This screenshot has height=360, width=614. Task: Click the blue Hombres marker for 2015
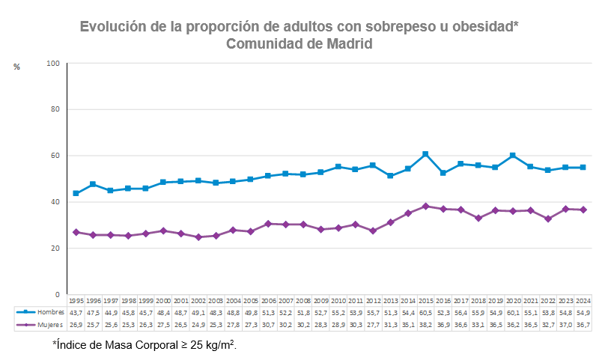(425, 154)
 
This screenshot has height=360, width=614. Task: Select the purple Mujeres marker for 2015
(425, 206)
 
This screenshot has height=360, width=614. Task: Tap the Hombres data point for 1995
(76, 193)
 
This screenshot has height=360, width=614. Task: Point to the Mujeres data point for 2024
(583, 210)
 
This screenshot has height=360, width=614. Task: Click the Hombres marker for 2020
(513, 156)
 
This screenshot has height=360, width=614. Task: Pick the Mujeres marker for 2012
(373, 231)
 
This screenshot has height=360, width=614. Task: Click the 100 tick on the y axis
(53, 64)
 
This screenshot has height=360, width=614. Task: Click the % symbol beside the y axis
(16, 67)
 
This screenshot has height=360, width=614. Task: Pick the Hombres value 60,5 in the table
(425, 311)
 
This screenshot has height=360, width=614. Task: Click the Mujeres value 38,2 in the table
(425, 325)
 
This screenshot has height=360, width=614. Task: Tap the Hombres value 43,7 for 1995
(76, 311)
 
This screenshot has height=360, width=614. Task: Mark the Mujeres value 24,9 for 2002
(198, 325)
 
